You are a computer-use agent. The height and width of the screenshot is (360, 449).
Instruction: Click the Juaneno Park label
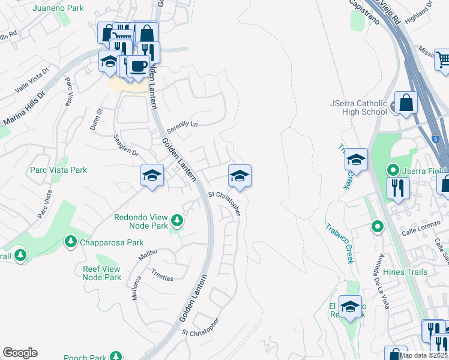pos(58,8)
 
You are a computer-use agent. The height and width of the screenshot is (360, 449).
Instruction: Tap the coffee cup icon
pos(138,65)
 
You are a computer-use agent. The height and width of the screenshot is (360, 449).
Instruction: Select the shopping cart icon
pos(443,59)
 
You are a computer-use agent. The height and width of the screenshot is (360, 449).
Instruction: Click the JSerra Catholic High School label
pos(358,107)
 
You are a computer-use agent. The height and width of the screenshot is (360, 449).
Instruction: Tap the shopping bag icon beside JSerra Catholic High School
pos(406,102)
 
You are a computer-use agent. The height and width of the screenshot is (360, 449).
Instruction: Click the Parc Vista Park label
pos(58,170)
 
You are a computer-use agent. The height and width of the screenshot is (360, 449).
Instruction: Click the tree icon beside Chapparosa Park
pos(70,241)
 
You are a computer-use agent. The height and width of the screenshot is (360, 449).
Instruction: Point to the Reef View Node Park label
pos(101,273)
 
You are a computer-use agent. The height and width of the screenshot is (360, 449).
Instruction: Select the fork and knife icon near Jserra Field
pos(398,187)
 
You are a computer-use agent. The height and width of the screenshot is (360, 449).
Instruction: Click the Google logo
pos(20,353)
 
